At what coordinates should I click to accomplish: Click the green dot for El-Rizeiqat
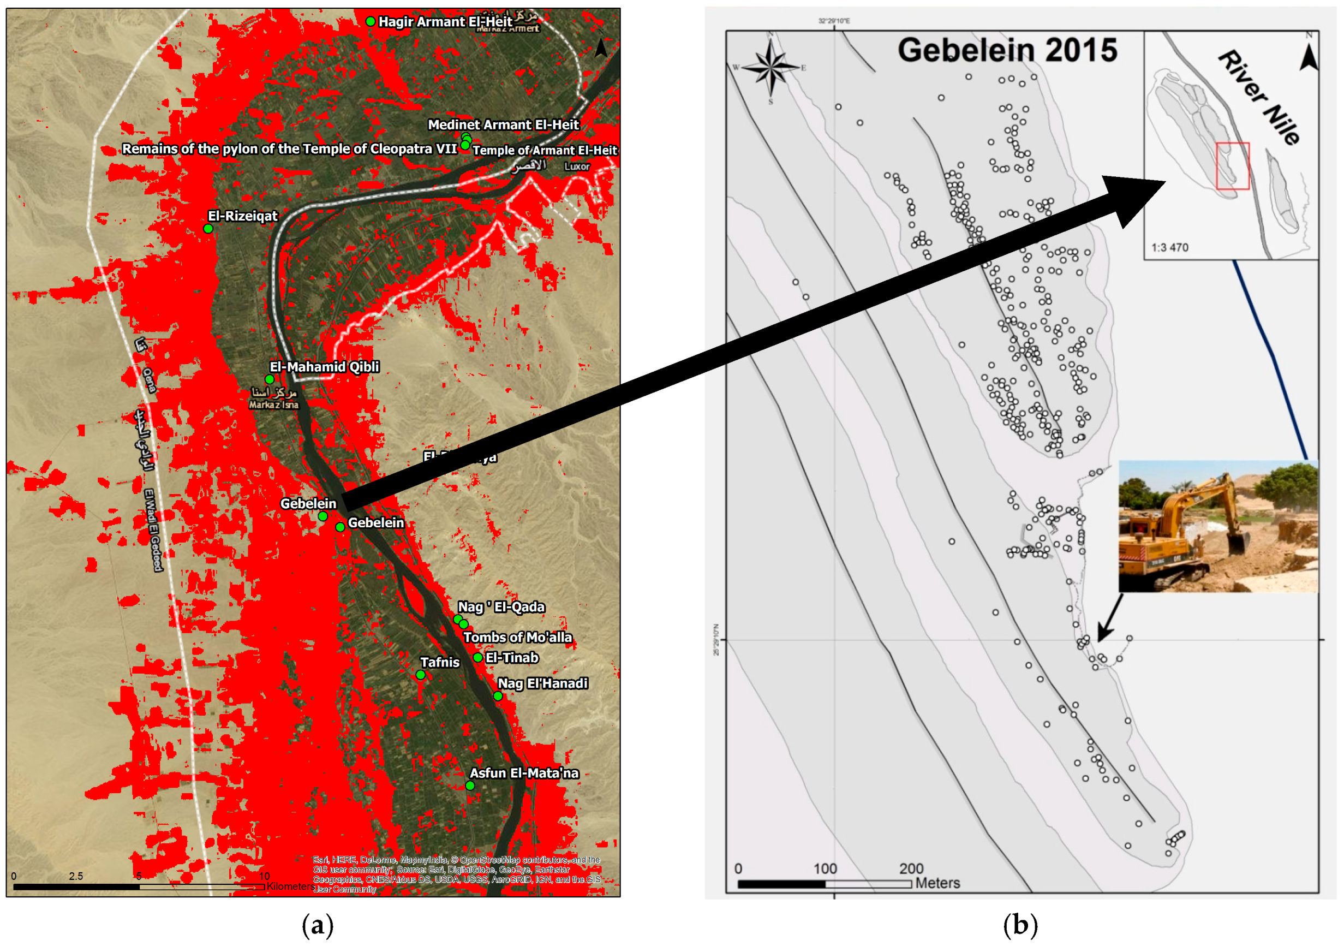tap(208, 228)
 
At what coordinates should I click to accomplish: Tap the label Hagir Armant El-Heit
tap(445, 22)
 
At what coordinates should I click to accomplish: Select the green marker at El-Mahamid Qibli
tap(269, 379)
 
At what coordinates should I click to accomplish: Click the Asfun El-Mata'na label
tap(524, 773)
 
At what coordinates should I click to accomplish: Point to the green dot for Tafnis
tap(420, 675)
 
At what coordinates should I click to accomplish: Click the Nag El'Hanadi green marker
tap(498, 697)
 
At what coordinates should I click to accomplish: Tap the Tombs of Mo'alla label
tap(517, 637)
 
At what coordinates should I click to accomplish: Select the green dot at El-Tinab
tap(477, 658)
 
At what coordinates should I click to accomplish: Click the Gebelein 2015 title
tap(1007, 50)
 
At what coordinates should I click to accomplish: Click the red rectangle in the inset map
tap(1232, 166)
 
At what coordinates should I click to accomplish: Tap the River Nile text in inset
tap(1258, 97)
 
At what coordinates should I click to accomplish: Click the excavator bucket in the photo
tap(1237, 542)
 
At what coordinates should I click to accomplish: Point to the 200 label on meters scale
tap(911, 868)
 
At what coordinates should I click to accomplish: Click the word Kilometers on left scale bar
tap(290, 886)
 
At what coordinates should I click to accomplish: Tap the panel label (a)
tap(317, 925)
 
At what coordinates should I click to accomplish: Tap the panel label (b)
tap(1020, 925)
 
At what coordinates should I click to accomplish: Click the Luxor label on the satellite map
tap(577, 166)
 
